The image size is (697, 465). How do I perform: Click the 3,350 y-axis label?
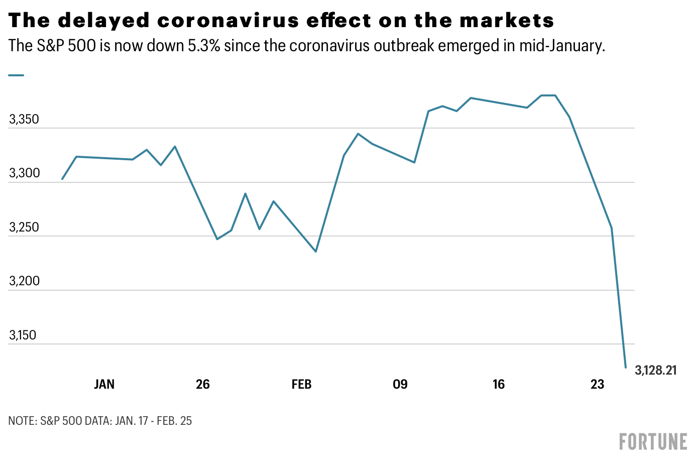coord(24,120)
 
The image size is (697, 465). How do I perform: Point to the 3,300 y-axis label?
coord(24,173)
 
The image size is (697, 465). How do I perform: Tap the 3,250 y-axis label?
coord(24,227)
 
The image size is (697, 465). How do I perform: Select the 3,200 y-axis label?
coord(24,281)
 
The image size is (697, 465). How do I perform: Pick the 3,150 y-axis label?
coord(23,335)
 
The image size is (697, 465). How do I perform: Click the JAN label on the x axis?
coord(104,385)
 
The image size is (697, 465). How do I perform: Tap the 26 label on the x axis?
coord(202,385)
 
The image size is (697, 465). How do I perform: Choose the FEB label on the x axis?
coord(301,385)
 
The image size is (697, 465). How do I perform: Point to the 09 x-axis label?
coord(400,385)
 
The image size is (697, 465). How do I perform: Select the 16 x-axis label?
coord(498,385)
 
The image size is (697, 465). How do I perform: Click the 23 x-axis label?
coord(597,385)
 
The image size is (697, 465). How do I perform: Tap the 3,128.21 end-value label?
coord(656,371)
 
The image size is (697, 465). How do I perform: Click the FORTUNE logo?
coord(653,441)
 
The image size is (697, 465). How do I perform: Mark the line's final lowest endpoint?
coord(626,368)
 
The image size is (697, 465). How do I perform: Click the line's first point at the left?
coord(62,179)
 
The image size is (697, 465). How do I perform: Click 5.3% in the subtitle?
coord(204,46)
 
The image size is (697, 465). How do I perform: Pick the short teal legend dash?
coord(16,75)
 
